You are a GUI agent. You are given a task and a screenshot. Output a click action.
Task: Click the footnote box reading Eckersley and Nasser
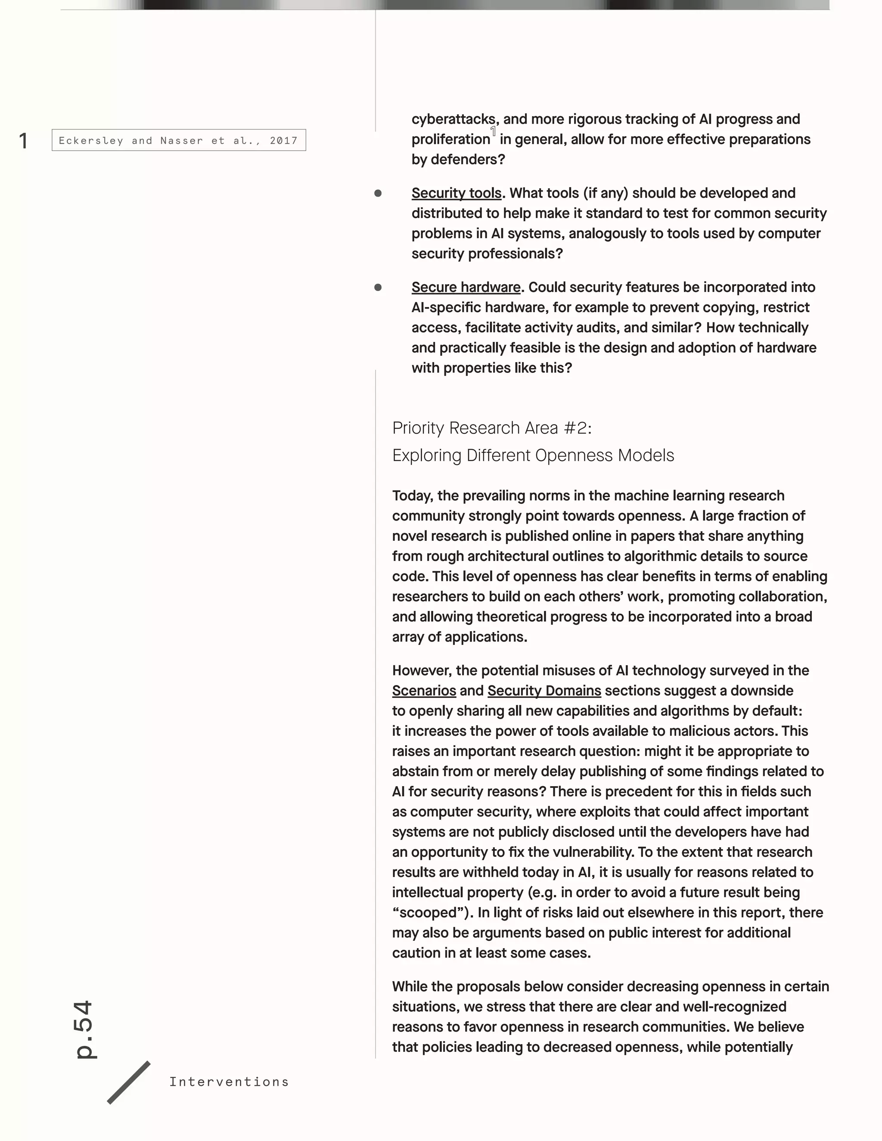179,140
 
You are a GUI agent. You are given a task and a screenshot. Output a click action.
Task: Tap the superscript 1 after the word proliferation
493,132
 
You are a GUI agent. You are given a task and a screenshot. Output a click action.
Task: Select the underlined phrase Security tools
456,193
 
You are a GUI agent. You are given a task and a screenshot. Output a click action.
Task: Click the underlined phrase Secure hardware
466,287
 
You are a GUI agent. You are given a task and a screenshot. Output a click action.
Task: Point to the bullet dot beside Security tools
378,193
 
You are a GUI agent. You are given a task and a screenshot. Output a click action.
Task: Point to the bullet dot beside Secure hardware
378,287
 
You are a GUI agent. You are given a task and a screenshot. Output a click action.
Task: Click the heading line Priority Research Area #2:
492,428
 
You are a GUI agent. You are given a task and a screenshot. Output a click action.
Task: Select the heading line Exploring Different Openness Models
533,456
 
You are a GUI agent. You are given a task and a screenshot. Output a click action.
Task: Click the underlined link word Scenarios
424,691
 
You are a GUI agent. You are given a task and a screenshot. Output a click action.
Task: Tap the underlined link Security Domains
544,691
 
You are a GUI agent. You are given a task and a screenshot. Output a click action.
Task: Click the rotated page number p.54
84,1029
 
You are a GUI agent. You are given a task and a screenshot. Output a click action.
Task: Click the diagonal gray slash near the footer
128,1082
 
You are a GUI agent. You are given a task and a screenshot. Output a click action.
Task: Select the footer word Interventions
229,1082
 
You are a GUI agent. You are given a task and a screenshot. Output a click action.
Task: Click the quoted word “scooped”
433,913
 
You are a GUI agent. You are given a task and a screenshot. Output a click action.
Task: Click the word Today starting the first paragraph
412,496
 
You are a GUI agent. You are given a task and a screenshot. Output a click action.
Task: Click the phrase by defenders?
458,159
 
